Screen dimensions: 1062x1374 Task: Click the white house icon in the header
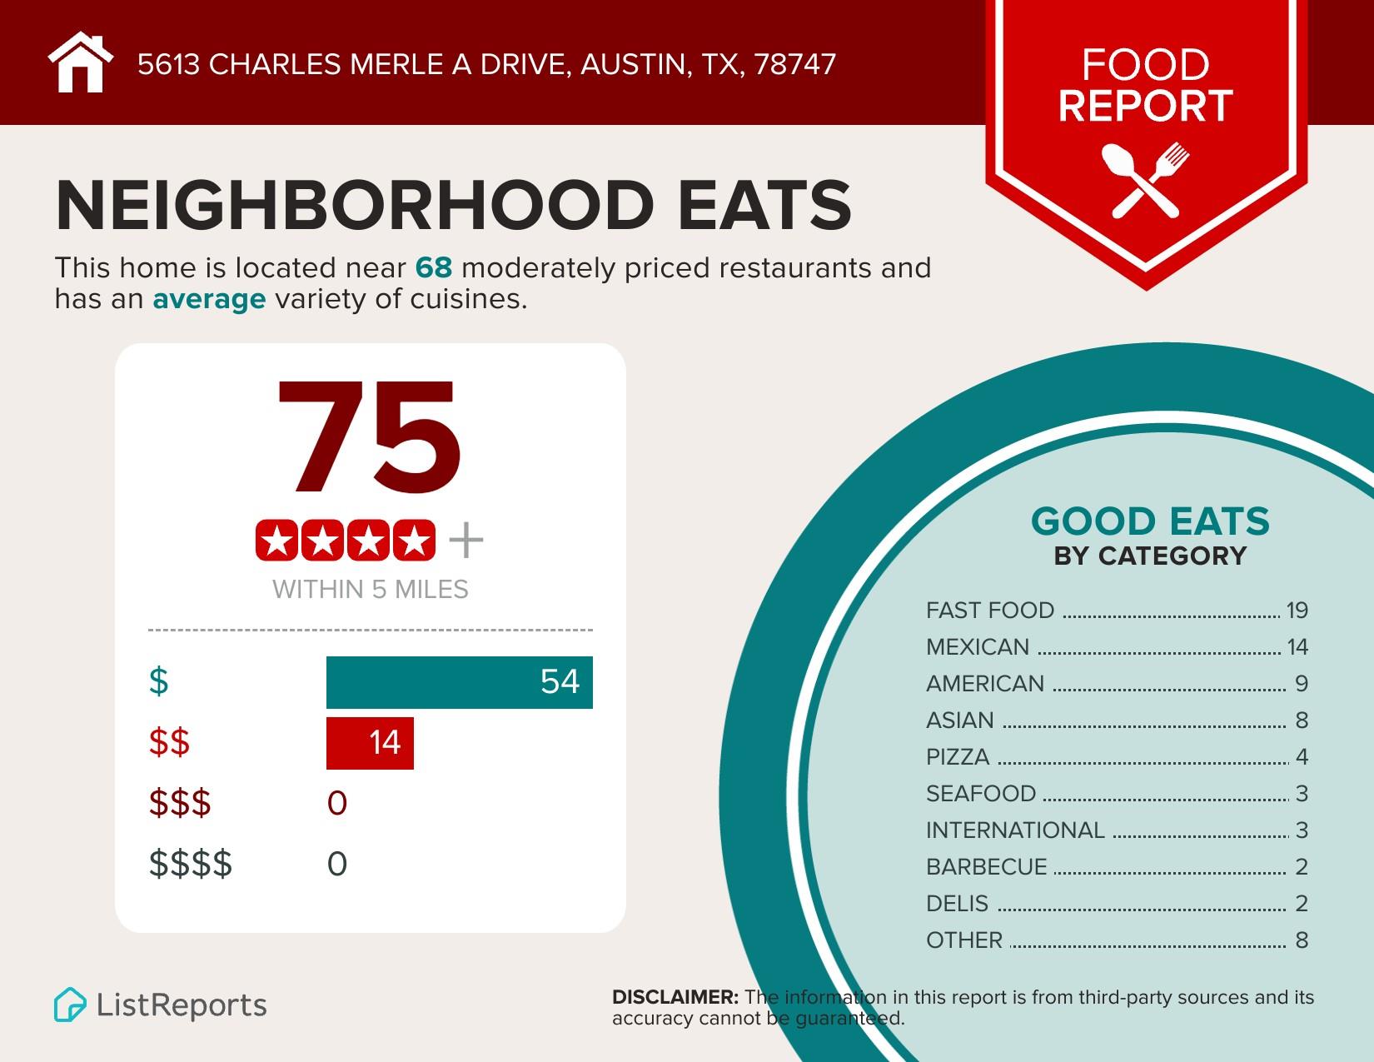pyautogui.click(x=80, y=63)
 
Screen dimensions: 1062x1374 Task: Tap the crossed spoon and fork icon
pyautogui.click(x=1145, y=180)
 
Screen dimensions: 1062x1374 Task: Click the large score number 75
pyautogui.click(x=369, y=439)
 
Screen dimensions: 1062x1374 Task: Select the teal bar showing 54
pyautogui.click(x=459, y=682)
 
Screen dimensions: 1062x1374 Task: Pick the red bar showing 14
pyautogui.click(x=370, y=742)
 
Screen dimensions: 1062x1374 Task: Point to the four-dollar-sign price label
pyautogui.click(x=191, y=864)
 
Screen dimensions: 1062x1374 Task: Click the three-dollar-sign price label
pyautogui.click(x=180, y=803)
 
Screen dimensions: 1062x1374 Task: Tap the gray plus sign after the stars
pyautogui.click(x=465, y=541)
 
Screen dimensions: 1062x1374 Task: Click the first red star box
pyautogui.click(x=277, y=541)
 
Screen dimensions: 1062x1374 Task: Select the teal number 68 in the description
pyautogui.click(x=433, y=268)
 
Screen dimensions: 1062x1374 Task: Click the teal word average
pyautogui.click(x=209, y=299)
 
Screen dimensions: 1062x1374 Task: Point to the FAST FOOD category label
pyautogui.click(x=990, y=611)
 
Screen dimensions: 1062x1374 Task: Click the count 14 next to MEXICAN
pyautogui.click(x=1297, y=647)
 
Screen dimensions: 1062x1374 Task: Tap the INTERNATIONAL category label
pyautogui.click(x=1015, y=830)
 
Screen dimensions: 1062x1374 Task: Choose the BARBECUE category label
pyautogui.click(x=986, y=867)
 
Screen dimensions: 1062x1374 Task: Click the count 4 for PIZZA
pyautogui.click(x=1302, y=757)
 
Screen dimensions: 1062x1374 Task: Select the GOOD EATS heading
pyautogui.click(x=1150, y=522)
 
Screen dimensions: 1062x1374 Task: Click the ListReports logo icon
pyautogui.click(x=70, y=1005)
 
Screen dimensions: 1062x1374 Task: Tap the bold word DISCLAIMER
pyautogui.click(x=675, y=997)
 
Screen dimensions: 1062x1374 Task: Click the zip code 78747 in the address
pyautogui.click(x=794, y=65)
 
